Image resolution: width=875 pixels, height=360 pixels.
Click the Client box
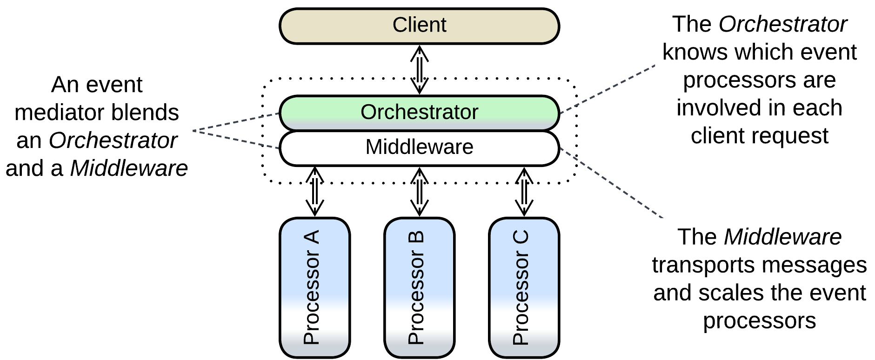[419, 26]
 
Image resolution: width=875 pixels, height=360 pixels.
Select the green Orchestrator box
[419, 112]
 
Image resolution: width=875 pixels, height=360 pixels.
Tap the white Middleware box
[419, 147]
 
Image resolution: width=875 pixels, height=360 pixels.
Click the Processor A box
[314, 287]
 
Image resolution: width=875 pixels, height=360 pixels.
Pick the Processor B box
[419, 287]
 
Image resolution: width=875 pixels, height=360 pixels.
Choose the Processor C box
[524, 287]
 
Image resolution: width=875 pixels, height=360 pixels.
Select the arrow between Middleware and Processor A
[314, 192]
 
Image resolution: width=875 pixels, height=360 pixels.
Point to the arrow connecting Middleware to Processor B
[419, 192]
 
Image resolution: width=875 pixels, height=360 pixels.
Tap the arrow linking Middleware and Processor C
[524, 192]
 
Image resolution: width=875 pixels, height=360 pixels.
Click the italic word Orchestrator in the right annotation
[782, 24]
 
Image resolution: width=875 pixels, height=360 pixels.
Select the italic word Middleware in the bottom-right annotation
[782, 237]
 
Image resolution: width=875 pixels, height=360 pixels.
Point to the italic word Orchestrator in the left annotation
[113, 140]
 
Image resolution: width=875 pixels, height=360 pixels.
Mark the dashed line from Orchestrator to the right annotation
[607, 89]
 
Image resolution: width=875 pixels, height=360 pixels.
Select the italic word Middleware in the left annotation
[129, 168]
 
